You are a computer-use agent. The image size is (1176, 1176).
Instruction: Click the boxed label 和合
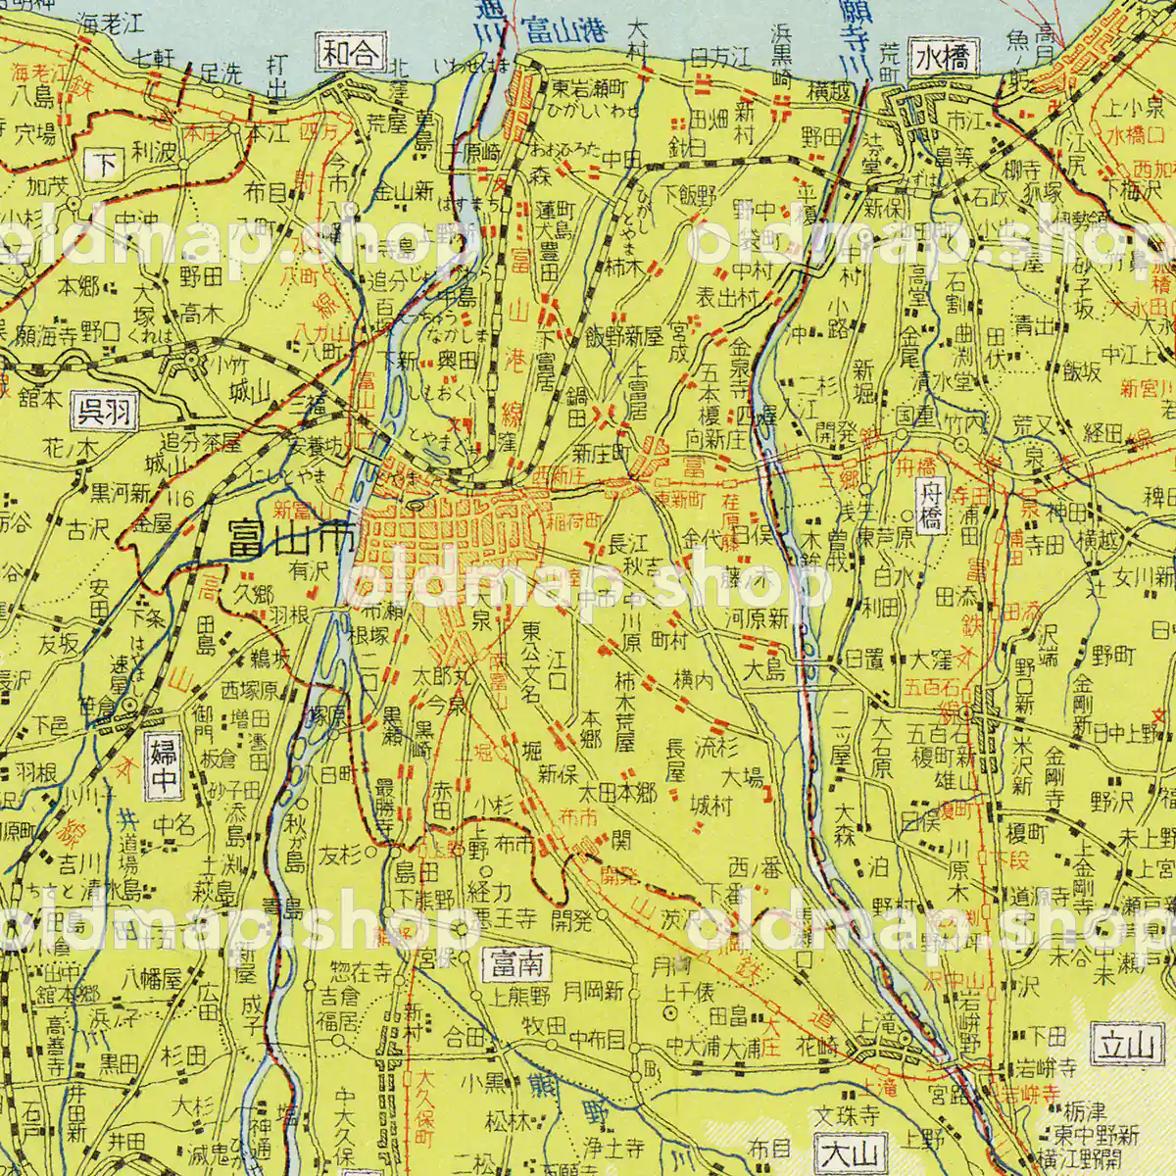point(350,54)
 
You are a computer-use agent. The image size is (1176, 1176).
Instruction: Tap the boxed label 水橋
point(944,58)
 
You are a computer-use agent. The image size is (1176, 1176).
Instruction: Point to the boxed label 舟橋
point(930,505)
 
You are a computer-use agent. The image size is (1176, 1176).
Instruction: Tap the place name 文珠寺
point(851,1116)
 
